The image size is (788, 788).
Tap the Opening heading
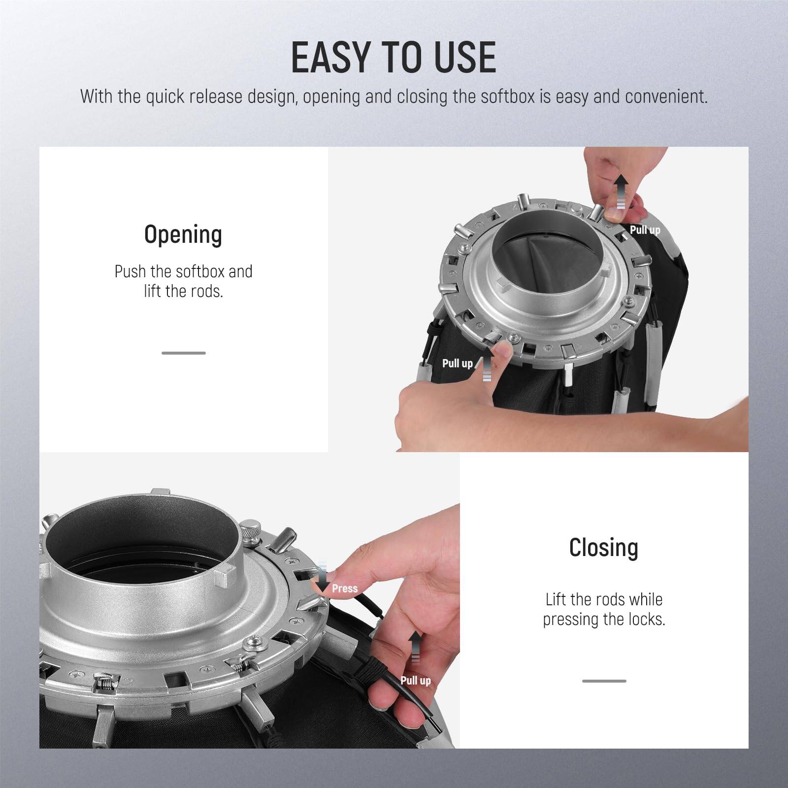coord(183,235)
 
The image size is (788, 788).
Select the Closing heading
coord(604,548)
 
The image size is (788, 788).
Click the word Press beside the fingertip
coord(345,589)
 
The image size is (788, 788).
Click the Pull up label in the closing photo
coord(415,681)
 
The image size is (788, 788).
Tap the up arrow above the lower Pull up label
coord(415,645)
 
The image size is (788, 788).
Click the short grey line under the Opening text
coord(183,353)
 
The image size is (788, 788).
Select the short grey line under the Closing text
coord(604,681)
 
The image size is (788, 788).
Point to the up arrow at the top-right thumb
coord(622,190)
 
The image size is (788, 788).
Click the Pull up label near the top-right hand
coord(645,230)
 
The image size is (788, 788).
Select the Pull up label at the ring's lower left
coord(457,363)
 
